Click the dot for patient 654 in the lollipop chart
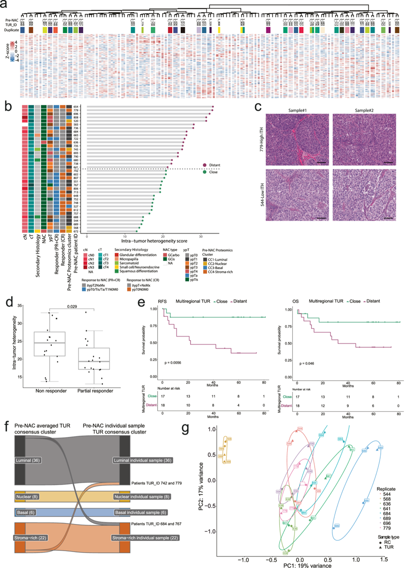tap(213, 107)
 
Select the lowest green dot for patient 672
tap(137, 231)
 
